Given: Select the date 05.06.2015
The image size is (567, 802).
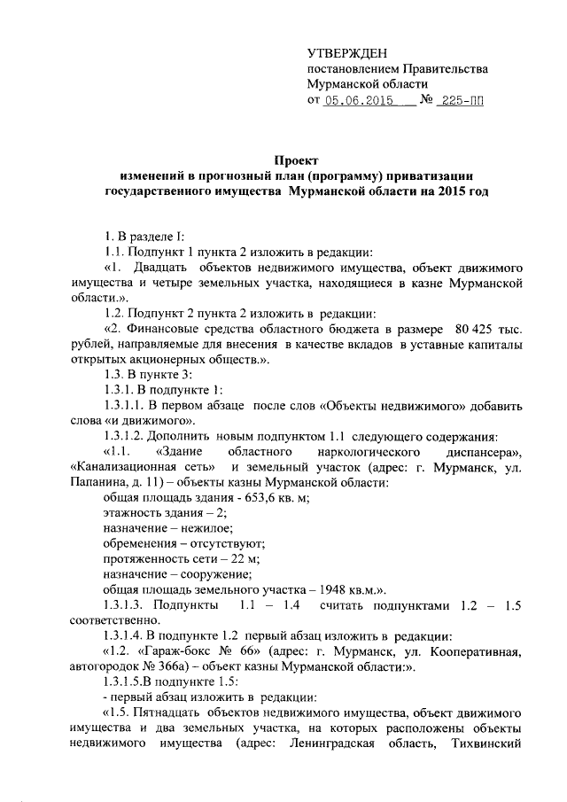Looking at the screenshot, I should tap(361, 102).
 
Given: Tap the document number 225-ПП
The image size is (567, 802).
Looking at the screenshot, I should tap(462, 102).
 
